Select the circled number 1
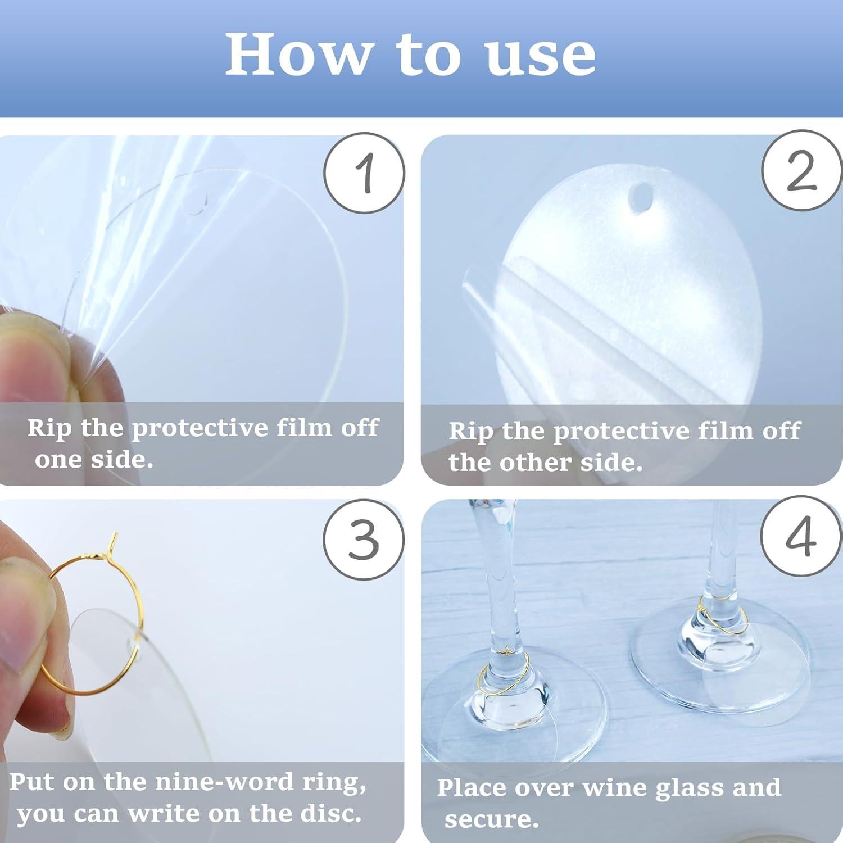[364, 173]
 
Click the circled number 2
[802, 170]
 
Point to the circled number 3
[364, 540]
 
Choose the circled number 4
[801, 537]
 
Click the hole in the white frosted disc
[641, 200]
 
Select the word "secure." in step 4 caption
[492, 819]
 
